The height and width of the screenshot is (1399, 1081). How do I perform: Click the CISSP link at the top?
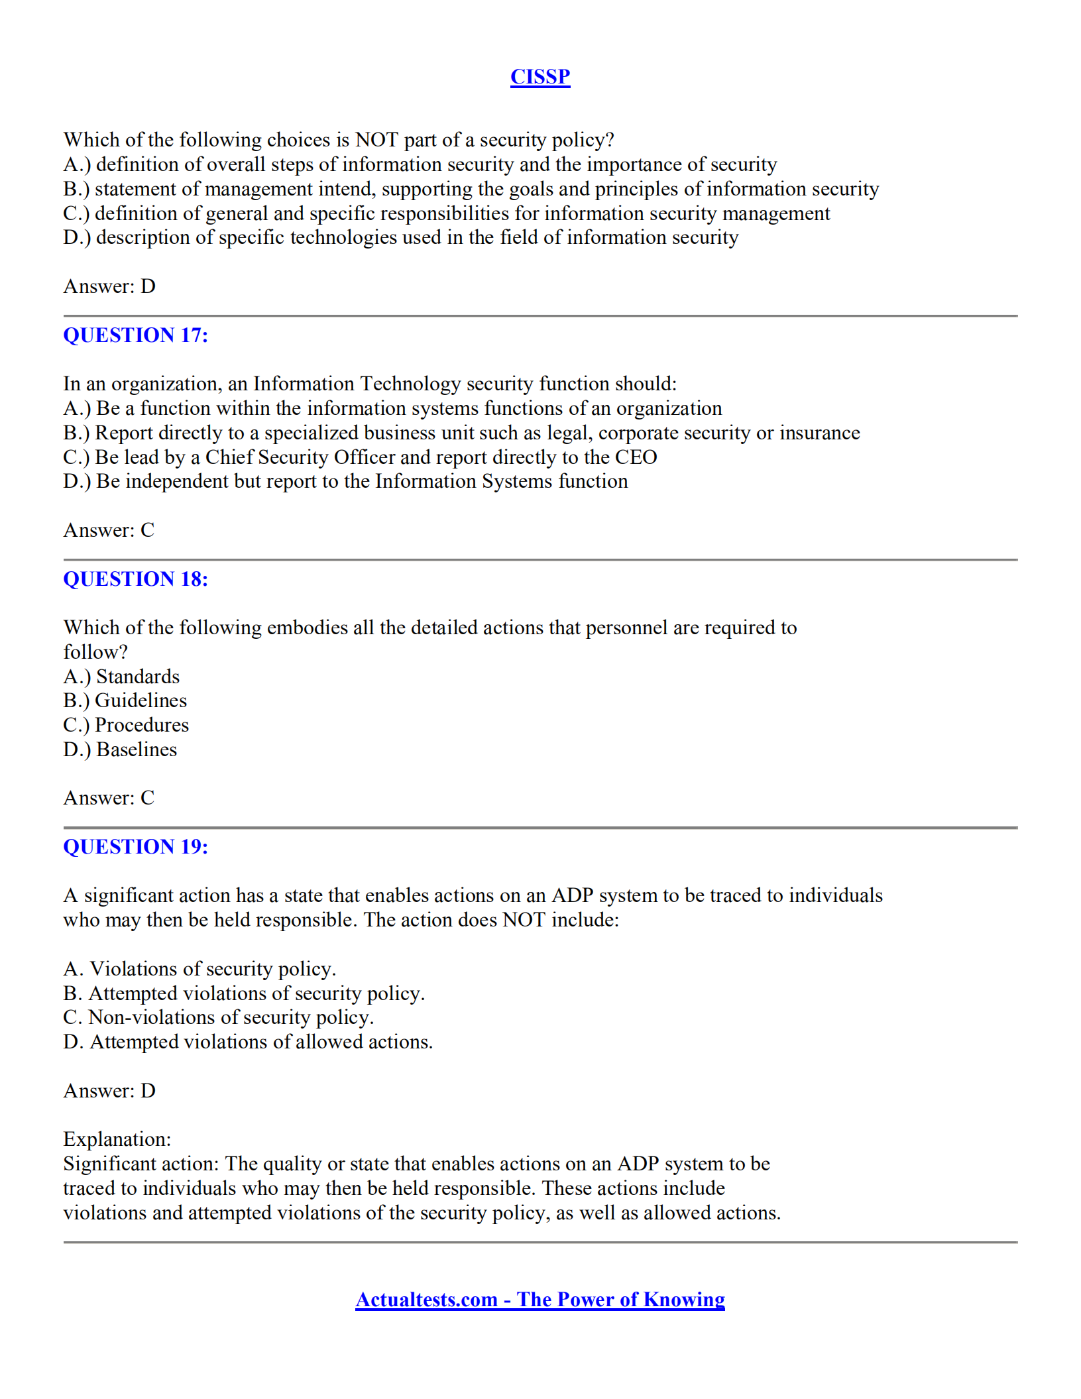coord(540,77)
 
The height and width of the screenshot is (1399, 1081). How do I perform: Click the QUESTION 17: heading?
coord(135,335)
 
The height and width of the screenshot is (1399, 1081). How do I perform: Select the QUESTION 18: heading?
coord(135,579)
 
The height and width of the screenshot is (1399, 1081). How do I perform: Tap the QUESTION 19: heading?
coord(135,847)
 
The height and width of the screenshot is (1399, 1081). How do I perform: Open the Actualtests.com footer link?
coord(540,1300)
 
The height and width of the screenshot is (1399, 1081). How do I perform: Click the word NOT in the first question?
coord(376,140)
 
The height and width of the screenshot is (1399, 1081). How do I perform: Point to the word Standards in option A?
coord(138,677)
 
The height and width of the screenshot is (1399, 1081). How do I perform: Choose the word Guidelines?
coord(141,700)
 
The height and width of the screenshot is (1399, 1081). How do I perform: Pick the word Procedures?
coord(142,725)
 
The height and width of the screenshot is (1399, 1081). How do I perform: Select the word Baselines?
coord(137,750)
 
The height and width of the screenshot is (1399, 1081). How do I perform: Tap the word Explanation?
coord(117,1139)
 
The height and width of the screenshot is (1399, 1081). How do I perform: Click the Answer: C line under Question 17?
coord(109,530)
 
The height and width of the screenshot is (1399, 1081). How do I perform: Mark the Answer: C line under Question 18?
coord(109,798)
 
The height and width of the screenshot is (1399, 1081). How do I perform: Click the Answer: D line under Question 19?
coord(109,1091)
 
